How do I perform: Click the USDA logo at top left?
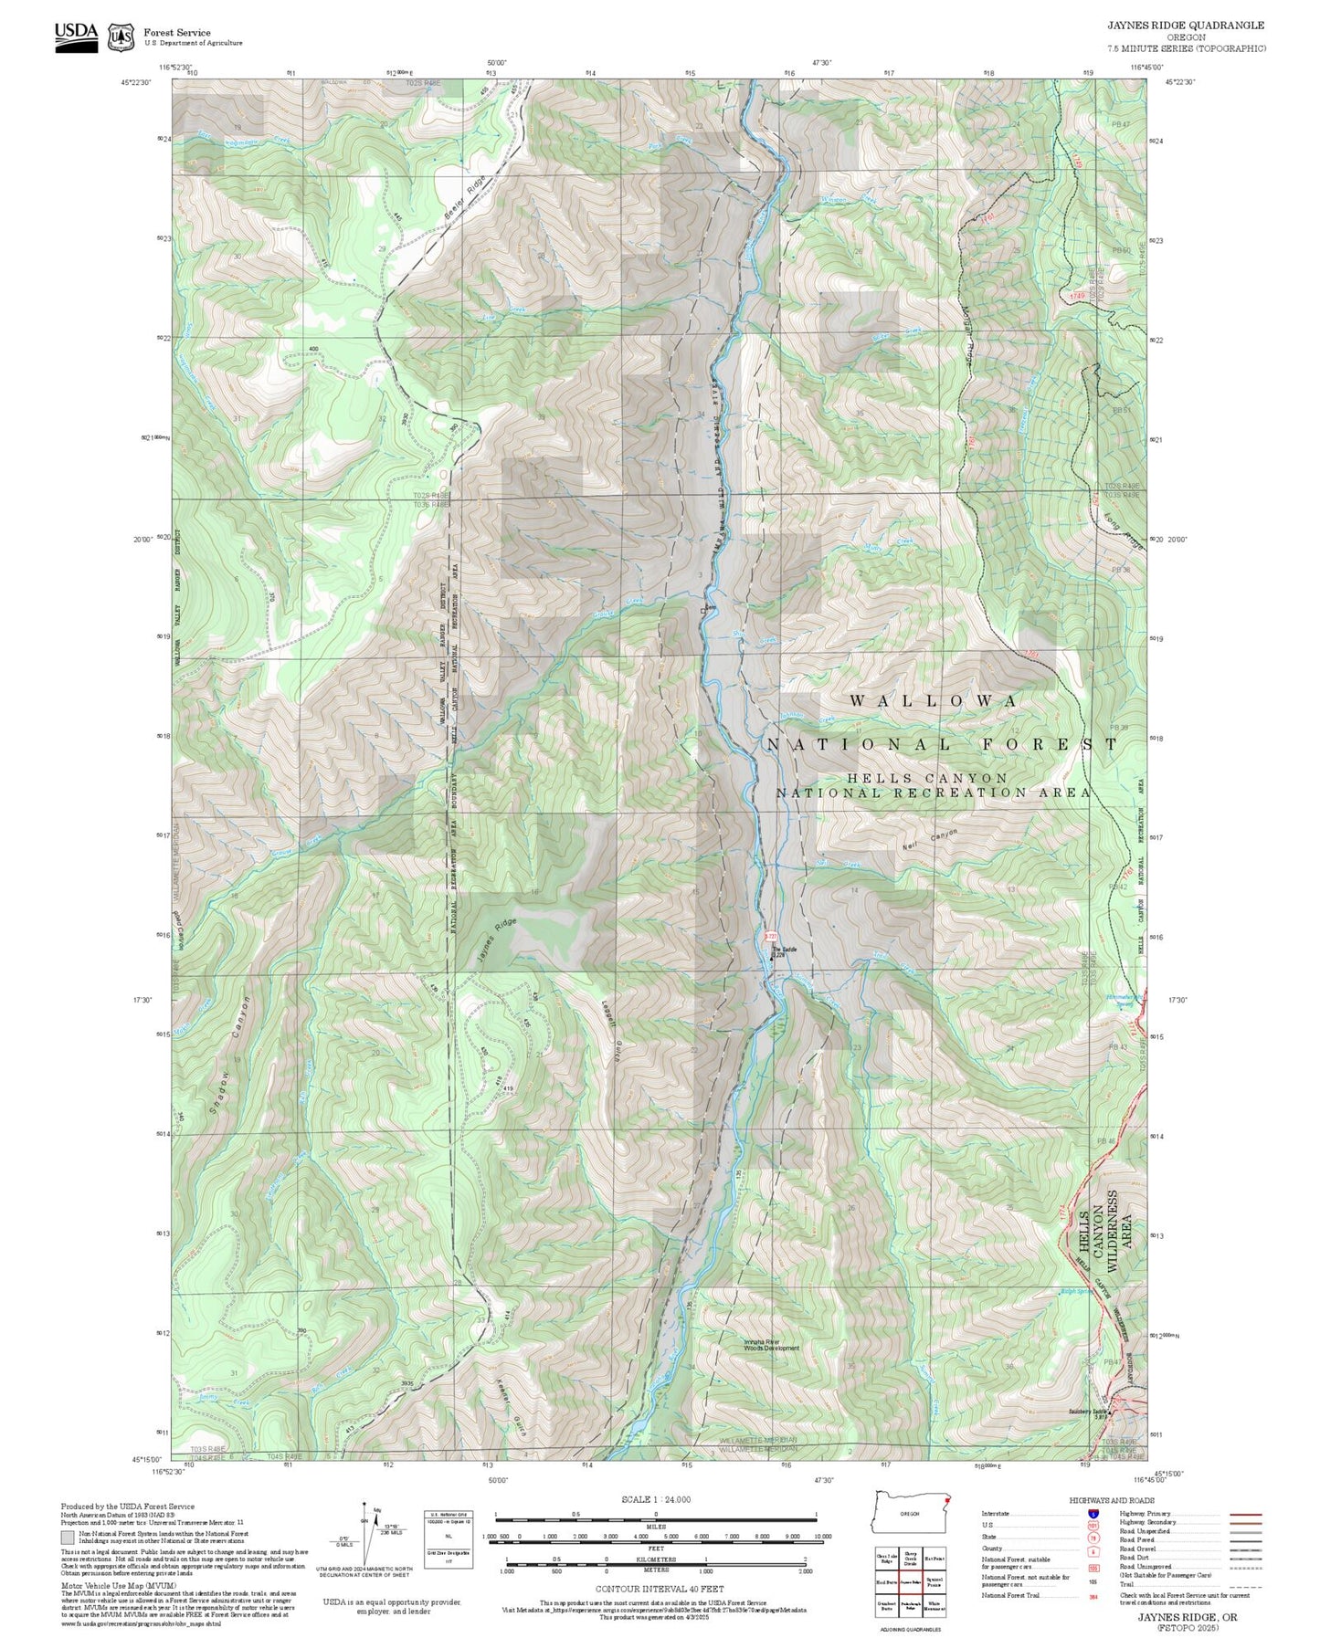[76, 37]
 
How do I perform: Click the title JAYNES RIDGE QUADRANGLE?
[1186, 26]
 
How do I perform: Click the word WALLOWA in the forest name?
[934, 701]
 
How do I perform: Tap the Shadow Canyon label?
[229, 1055]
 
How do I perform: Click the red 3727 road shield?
[770, 937]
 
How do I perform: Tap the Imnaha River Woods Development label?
[771, 1345]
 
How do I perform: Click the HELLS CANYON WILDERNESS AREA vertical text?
[1105, 1232]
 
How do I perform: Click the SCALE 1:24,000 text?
[656, 1499]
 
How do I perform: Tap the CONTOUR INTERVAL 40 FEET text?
[655, 1590]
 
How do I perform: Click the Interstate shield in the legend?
[1093, 1514]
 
